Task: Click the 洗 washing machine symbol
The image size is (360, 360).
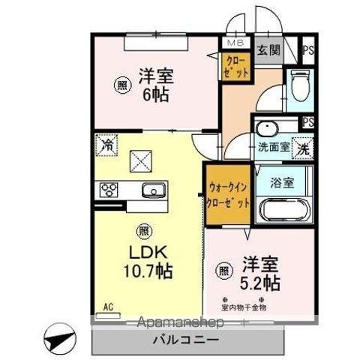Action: click(304, 148)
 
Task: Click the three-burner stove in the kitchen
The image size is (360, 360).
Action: click(106, 190)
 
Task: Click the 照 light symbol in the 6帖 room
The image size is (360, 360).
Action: click(120, 85)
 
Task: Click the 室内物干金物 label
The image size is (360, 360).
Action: click(253, 307)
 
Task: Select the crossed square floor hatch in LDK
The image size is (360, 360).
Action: click(140, 159)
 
